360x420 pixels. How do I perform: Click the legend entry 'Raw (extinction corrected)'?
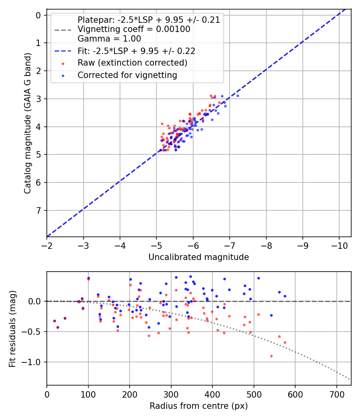point(132,63)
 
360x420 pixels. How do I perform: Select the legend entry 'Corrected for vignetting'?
point(127,75)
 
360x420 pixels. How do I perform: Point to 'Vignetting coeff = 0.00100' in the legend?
point(134,29)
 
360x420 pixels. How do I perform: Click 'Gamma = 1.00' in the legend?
point(109,38)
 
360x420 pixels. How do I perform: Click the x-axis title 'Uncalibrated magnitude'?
point(198,257)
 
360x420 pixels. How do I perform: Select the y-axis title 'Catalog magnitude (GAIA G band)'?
point(27,124)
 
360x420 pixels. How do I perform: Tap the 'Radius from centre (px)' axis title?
point(198,406)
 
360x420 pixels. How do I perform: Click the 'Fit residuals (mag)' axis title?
point(12,328)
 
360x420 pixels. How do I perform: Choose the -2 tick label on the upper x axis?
point(47,244)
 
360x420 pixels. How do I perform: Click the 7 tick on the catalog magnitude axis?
point(38,210)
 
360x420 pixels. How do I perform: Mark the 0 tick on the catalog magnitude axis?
point(38,15)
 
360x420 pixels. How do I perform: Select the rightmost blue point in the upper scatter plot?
point(238,96)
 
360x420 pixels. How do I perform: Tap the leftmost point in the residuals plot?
point(54,321)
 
